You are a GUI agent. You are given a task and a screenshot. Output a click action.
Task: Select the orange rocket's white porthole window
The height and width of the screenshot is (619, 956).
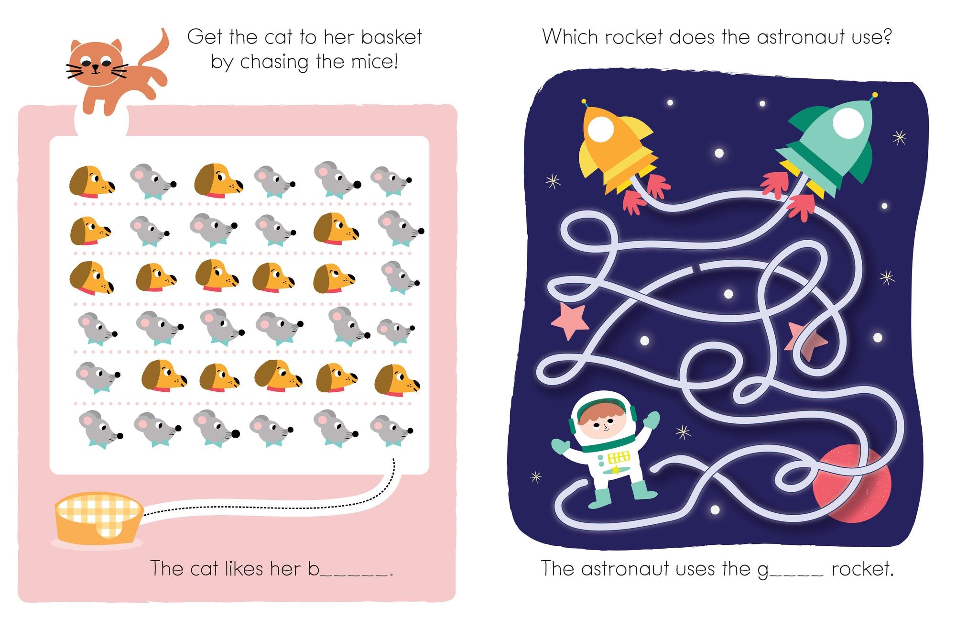600,129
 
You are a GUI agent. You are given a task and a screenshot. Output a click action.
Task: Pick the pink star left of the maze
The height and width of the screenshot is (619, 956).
570,320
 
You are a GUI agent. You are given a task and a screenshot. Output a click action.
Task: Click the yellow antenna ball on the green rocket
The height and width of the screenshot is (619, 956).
875,95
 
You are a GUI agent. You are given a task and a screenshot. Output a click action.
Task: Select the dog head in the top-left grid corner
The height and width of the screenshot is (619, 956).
92,182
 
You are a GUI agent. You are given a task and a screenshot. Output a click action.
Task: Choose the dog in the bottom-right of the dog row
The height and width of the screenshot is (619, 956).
397,380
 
